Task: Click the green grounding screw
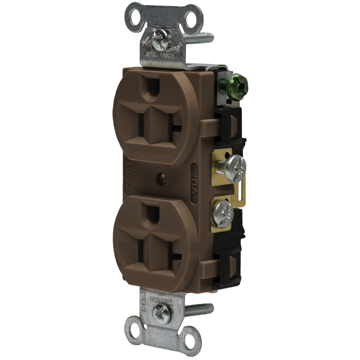click(234, 86)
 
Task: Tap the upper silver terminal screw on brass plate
click(235, 168)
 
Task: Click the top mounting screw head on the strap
click(162, 39)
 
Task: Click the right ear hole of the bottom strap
click(191, 340)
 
